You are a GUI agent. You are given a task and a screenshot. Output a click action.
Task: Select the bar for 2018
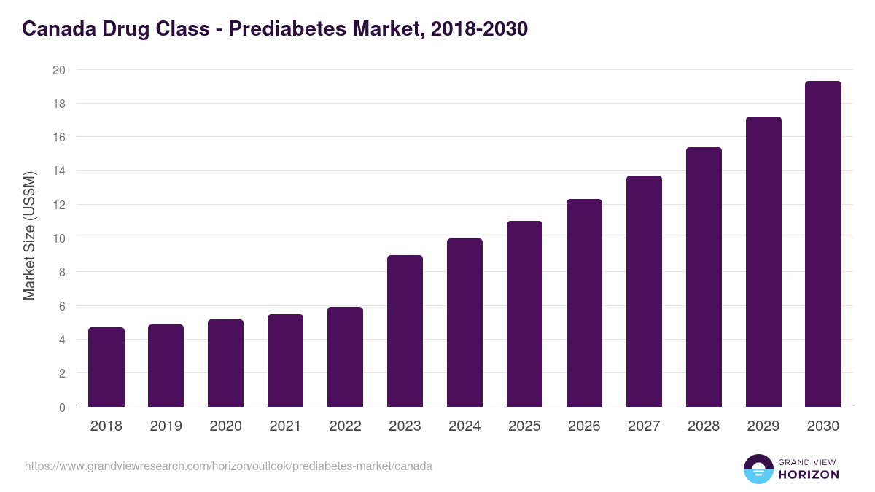tap(106, 367)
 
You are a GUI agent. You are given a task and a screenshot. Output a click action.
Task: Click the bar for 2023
tap(405, 331)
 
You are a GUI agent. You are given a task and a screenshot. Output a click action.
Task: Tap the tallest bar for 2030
tap(823, 244)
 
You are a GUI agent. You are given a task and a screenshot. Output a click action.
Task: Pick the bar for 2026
tap(584, 303)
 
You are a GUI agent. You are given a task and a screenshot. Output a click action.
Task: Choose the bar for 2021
tap(285, 361)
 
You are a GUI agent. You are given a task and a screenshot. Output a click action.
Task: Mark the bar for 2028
tap(704, 277)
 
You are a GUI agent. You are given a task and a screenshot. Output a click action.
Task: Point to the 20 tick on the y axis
tap(59, 70)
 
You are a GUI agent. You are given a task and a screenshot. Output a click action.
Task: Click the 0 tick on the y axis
tap(62, 407)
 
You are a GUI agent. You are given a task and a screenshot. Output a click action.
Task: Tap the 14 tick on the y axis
tap(59, 171)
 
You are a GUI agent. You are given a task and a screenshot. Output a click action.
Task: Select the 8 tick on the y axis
tap(62, 272)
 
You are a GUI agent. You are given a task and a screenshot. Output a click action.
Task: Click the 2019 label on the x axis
tap(166, 426)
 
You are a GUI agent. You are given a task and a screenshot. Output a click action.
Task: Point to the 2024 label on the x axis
tap(464, 426)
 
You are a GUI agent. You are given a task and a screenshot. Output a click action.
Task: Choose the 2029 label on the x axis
tap(763, 426)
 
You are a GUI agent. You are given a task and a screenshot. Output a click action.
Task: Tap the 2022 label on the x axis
tap(345, 426)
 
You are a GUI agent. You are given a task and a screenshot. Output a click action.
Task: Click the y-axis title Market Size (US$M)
tap(29, 235)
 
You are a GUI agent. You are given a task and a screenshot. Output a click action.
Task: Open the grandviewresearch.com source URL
tap(228, 466)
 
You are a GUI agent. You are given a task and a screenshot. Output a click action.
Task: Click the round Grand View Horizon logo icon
tap(758, 469)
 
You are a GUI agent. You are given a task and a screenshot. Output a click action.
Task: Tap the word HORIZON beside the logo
tap(809, 475)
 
